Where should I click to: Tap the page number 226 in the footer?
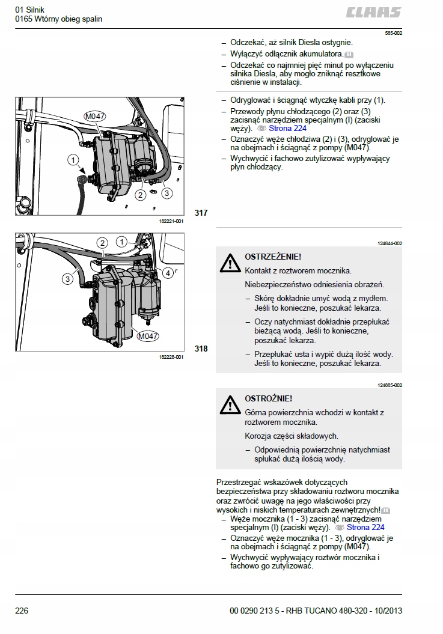point(22,611)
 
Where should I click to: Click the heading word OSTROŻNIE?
point(269,398)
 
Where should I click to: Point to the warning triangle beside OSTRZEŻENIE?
point(229,263)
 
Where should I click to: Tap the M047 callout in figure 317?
point(94,116)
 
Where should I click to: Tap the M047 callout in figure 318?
point(147,336)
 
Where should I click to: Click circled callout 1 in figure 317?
point(73,160)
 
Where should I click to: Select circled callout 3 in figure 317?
point(167,193)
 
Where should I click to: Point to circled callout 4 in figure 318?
point(168,273)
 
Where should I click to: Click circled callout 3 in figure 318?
point(68,278)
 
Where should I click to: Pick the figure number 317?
point(201,213)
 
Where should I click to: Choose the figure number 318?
point(201,349)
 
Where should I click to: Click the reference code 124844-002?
point(390,243)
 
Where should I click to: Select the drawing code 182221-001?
point(171,221)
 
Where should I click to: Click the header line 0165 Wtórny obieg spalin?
point(59,19)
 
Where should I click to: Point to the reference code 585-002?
point(393,34)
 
